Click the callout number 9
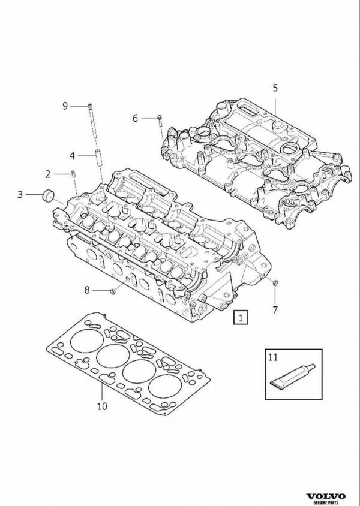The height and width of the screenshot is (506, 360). coord(65,106)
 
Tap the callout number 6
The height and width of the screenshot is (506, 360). coord(135,118)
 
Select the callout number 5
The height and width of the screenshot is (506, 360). coord(275,88)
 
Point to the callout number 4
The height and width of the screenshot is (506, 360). coord(72,156)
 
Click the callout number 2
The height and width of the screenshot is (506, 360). coord(48,174)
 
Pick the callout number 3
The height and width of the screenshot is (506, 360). coord(20,195)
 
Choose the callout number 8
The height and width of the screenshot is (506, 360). coord(87,290)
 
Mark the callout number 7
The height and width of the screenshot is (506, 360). coord(275,310)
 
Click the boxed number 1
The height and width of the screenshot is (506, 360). coord(241,317)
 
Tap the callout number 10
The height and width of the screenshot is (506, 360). coord(102,406)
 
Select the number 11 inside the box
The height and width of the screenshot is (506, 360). coord(273,357)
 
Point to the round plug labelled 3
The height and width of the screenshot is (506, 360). coord(49,195)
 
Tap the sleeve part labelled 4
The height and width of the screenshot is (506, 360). coord(98,158)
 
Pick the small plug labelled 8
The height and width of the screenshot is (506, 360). coord(113,292)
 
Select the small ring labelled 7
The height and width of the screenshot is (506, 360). coord(275,283)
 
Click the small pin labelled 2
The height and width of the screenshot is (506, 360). coord(73,173)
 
